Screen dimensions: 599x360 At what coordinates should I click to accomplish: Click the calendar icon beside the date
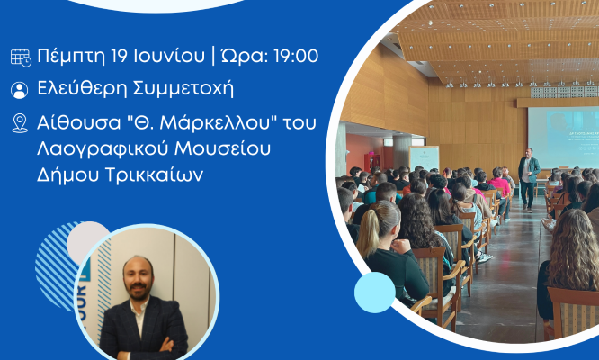click(21, 58)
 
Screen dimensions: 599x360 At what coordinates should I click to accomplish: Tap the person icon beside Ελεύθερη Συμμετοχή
click(20, 90)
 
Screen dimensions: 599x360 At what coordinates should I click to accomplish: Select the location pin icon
click(20, 123)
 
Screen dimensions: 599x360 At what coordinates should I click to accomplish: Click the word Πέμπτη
click(71, 56)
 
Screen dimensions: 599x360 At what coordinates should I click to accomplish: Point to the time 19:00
click(296, 56)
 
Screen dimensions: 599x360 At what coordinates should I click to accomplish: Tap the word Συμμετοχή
click(183, 89)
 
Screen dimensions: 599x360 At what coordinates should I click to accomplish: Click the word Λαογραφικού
click(103, 149)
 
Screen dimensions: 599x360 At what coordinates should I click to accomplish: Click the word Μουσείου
click(223, 148)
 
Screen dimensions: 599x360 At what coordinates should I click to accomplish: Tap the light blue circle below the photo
click(375, 292)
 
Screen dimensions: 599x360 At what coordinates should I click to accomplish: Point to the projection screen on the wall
click(563, 138)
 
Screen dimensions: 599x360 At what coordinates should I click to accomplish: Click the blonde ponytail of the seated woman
click(369, 229)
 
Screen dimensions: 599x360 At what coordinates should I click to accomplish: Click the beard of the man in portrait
click(138, 292)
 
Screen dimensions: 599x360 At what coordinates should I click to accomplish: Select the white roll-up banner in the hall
click(424, 158)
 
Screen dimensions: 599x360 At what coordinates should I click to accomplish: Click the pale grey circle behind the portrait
click(88, 241)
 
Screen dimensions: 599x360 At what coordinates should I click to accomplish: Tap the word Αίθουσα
click(79, 123)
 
